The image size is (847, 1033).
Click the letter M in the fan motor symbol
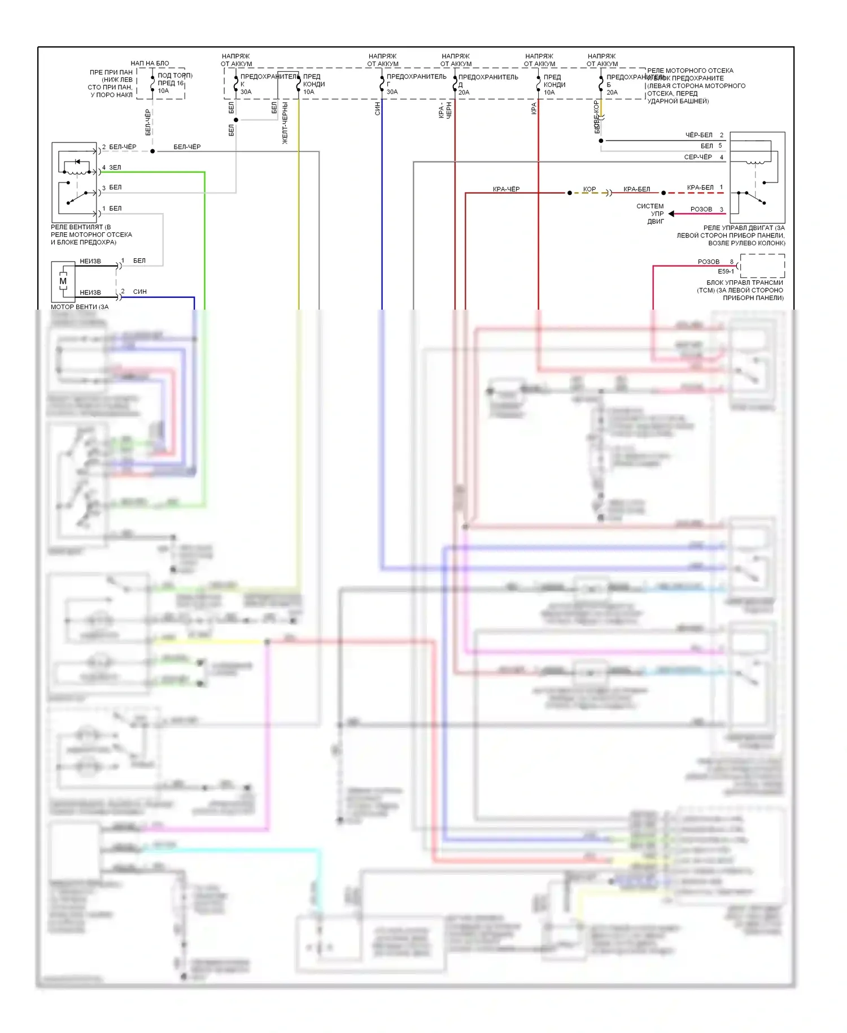[63, 281]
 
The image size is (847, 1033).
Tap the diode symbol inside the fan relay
[77, 162]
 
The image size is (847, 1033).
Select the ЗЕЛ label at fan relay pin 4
[115, 167]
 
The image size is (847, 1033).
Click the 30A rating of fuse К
[246, 92]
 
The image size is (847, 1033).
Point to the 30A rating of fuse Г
[392, 92]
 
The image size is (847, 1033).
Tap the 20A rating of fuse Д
[464, 92]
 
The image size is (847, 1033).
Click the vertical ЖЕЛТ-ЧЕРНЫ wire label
[285, 123]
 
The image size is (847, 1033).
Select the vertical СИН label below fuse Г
[378, 108]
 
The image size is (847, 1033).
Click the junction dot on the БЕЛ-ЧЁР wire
[152, 151]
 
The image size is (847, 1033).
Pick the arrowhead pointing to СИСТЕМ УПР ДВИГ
[671, 214]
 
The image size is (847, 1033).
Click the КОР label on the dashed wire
[590, 189]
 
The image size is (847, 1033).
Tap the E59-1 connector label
[726, 271]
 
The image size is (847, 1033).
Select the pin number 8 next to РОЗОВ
[732, 262]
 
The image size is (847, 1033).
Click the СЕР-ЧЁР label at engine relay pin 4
[698, 157]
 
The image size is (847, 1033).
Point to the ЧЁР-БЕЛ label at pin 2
[699, 135]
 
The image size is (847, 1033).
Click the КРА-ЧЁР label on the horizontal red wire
[506, 189]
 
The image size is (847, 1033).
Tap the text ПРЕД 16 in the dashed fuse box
[171, 83]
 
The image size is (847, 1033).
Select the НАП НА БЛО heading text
[150, 63]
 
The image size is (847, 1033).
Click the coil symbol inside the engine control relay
[756, 163]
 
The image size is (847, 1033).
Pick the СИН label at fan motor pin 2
[140, 292]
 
